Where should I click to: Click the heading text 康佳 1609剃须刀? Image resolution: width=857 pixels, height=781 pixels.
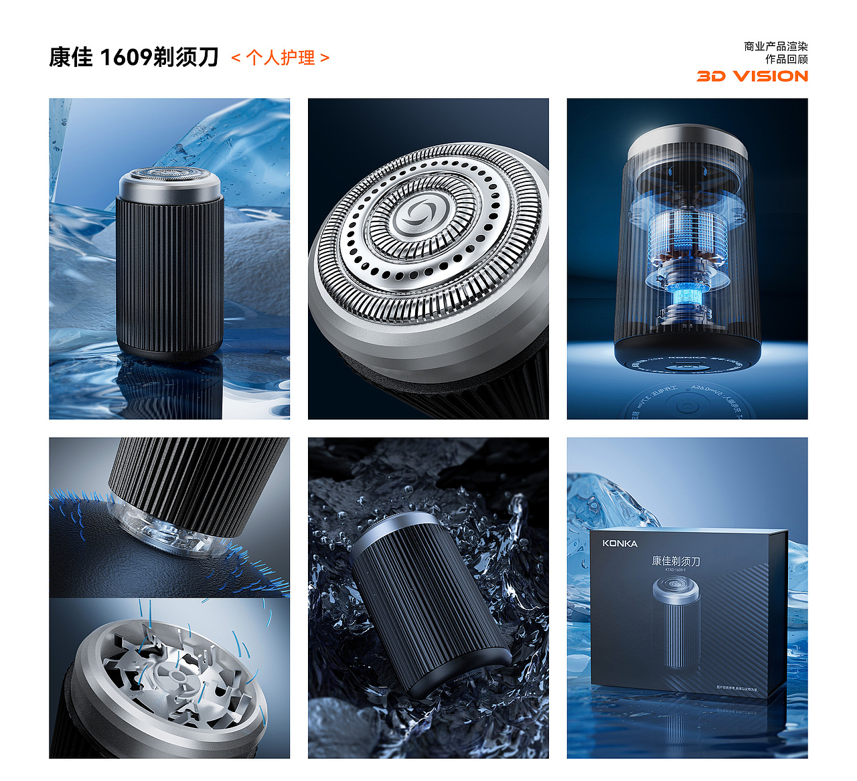click(x=134, y=58)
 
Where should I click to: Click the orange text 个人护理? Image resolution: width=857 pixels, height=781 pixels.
click(x=281, y=58)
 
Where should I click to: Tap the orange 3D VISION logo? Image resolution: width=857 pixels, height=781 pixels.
click(x=752, y=76)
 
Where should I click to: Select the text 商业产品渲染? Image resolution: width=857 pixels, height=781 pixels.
click(x=775, y=46)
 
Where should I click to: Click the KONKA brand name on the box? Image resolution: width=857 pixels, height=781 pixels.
click(x=619, y=543)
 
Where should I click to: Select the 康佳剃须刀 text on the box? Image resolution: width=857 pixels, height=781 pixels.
click(x=676, y=561)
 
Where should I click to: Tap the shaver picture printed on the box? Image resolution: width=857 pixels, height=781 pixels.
click(x=677, y=621)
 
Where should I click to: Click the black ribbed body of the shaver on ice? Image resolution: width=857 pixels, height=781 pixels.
click(x=169, y=274)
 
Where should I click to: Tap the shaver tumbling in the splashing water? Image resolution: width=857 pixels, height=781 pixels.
click(x=428, y=602)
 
